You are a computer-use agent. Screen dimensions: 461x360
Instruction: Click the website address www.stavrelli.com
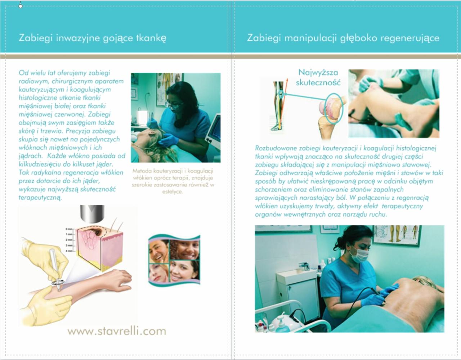click(x=117, y=331)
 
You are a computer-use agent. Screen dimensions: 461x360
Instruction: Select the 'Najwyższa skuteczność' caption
click(x=318, y=77)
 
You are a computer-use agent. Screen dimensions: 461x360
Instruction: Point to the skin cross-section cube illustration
click(x=99, y=248)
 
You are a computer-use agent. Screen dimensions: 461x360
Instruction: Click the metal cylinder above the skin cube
click(x=92, y=214)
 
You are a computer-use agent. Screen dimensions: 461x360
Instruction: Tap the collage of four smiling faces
click(x=174, y=260)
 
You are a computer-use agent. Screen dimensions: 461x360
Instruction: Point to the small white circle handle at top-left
click(x=21, y=6)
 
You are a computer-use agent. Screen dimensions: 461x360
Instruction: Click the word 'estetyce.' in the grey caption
click(x=173, y=192)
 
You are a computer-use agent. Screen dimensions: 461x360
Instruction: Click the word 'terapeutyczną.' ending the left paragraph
click(x=40, y=198)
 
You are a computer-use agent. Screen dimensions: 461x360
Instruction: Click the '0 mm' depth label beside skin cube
click(x=69, y=229)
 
